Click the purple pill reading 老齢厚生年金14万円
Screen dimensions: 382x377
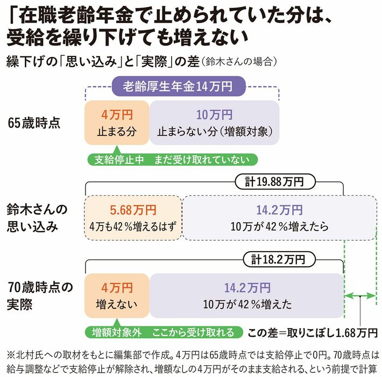[179, 86]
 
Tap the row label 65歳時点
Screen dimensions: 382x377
[34, 123]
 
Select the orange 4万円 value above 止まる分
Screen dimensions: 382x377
[117, 115]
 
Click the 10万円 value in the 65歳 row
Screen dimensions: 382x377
[214, 115]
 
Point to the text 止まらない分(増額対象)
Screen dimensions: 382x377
[215, 132]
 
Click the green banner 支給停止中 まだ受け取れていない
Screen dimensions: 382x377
[172, 160]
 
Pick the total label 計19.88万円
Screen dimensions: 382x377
[275, 182]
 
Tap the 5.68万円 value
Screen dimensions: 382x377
[133, 210]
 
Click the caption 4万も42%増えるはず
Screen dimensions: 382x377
[133, 227]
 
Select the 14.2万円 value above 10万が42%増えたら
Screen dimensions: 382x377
[279, 210]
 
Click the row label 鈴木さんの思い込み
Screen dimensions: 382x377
[37, 218]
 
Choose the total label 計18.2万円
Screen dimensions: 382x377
[279, 260]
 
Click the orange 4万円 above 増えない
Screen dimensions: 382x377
[117, 288]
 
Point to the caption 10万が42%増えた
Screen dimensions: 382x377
[247, 304]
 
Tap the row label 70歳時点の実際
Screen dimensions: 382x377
[40, 296]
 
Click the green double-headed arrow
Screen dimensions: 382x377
[359, 296]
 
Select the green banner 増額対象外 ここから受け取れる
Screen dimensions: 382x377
[164, 332]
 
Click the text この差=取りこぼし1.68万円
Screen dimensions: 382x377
[313, 333]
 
